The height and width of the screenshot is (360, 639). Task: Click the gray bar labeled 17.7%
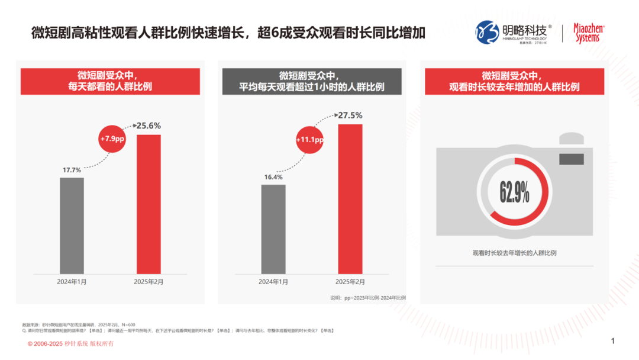(72, 225)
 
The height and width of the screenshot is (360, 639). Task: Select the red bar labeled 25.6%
(149, 204)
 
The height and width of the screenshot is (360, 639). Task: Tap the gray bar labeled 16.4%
(273, 229)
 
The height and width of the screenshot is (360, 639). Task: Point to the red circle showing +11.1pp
(310, 140)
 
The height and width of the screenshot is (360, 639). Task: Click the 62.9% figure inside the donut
(514, 192)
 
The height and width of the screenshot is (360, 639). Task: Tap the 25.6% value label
(149, 126)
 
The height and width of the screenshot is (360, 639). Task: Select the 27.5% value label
(350, 115)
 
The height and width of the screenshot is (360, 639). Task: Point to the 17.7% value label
(72, 171)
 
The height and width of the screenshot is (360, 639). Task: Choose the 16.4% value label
(273, 177)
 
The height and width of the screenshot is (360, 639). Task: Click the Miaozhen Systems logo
(590, 33)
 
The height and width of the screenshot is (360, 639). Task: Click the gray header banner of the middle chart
(312, 81)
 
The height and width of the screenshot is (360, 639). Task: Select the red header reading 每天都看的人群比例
(111, 81)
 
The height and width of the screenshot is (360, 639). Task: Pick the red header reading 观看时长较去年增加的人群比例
(514, 81)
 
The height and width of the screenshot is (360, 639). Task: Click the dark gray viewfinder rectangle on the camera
(571, 159)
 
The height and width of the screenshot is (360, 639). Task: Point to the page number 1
(613, 341)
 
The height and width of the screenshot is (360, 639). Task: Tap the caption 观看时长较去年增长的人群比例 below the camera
(514, 253)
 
